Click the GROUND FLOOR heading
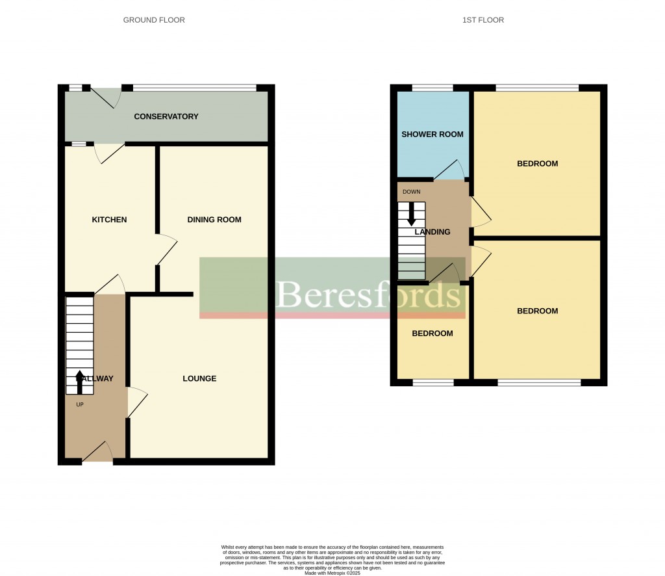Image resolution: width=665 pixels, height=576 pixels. tap(154, 20)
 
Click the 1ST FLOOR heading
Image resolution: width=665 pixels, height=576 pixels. tap(483, 20)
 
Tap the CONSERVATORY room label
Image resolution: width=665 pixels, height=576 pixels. tap(166, 116)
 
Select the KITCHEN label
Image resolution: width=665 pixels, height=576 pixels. tap(109, 220)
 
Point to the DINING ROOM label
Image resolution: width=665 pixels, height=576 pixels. tap(214, 220)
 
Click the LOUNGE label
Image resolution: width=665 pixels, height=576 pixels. tap(199, 378)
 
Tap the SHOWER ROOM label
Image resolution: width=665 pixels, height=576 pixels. tap(433, 135)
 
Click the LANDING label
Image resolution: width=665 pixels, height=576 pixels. tap(433, 231)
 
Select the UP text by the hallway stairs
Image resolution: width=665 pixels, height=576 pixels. tap(80, 404)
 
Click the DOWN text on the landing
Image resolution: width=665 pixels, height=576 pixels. tap(412, 192)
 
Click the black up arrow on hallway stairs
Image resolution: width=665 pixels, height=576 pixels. tap(80, 382)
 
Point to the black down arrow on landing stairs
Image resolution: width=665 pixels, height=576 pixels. tap(411, 215)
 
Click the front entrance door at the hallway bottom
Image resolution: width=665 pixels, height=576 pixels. tap(97, 451)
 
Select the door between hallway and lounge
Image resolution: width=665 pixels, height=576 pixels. tap(136, 402)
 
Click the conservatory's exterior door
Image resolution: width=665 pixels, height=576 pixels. tap(106, 96)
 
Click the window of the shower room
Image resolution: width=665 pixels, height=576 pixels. tap(433, 88)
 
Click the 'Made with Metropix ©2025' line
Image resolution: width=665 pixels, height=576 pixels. tap(332, 572)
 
